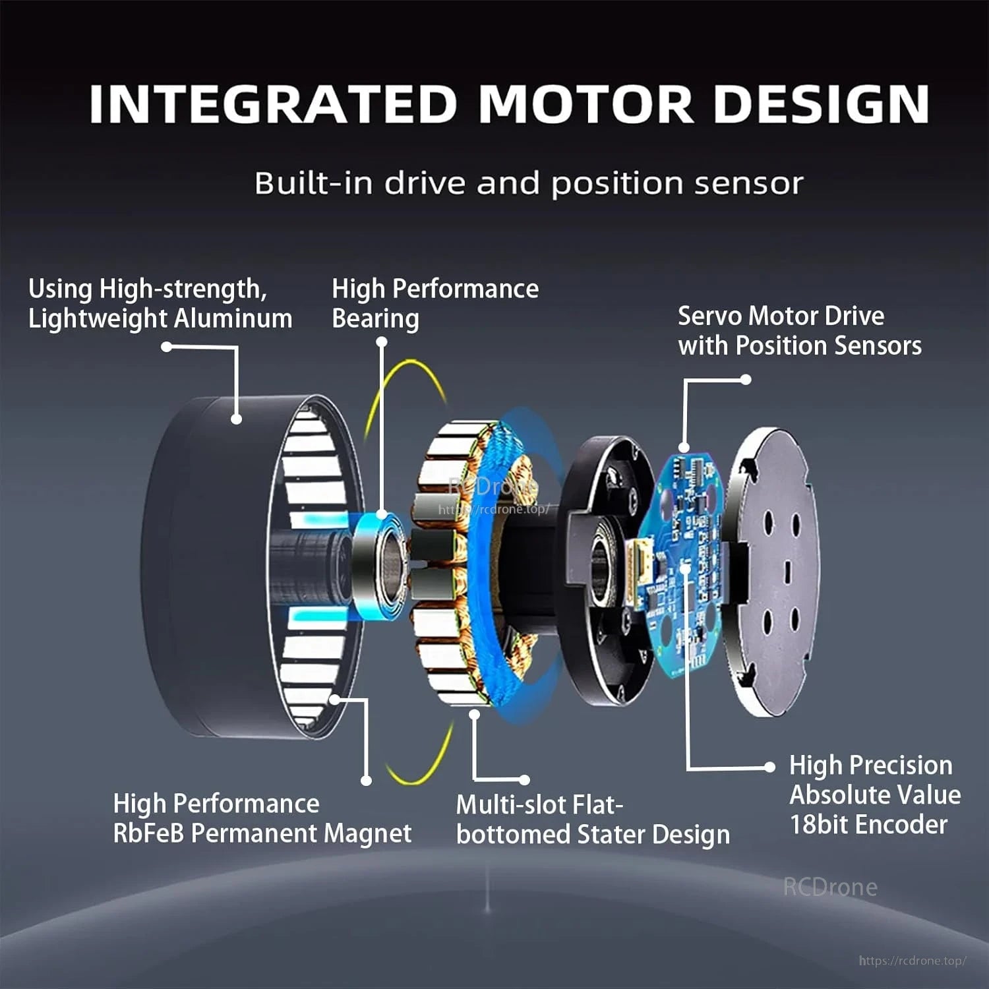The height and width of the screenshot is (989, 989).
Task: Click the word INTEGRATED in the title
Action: point(273,104)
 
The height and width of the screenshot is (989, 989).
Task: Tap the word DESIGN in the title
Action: point(822,104)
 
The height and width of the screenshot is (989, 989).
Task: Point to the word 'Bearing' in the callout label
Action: point(375,318)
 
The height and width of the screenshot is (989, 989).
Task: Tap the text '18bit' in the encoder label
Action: point(816,825)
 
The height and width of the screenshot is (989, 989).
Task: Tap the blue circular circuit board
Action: point(686,567)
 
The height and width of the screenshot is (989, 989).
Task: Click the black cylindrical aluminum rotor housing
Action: point(198,567)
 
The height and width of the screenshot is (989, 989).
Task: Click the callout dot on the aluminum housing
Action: point(237,419)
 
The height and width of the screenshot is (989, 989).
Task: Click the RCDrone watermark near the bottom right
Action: point(830,887)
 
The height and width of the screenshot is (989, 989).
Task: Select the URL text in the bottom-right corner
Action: point(913,961)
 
